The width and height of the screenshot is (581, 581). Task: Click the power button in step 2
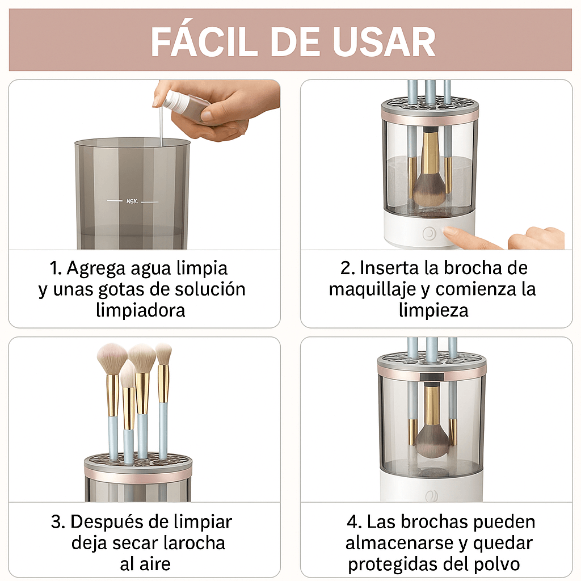click(430, 233)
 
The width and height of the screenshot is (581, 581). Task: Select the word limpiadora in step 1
click(141, 310)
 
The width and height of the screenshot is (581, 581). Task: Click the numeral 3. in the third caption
click(58, 521)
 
